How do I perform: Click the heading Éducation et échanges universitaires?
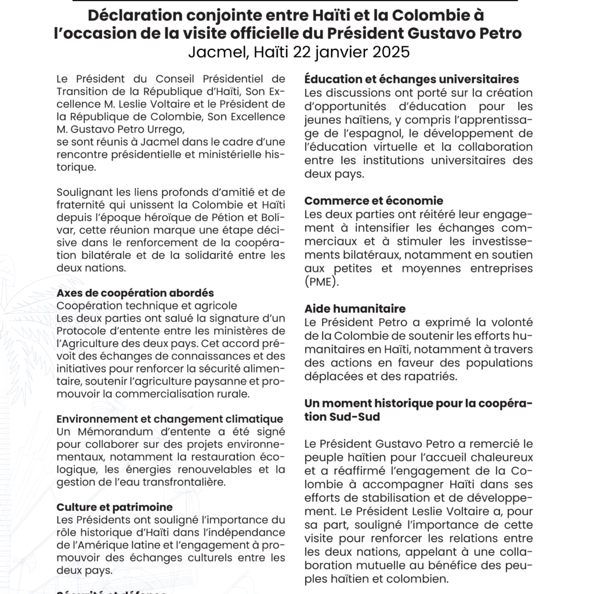pos(411,79)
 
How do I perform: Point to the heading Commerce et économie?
pos(374,201)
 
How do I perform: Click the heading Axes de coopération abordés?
pos(135,293)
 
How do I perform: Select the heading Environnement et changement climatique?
pos(169,419)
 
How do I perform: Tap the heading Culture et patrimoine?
pos(114,507)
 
